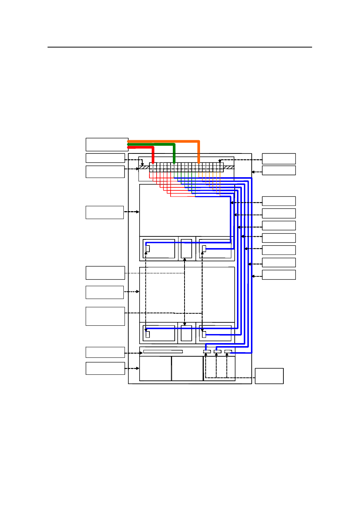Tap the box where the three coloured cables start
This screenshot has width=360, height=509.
point(107,144)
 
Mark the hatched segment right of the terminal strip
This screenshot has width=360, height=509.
point(229,167)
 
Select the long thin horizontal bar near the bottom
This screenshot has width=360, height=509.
point(163,351)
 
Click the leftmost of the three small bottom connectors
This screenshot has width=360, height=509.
point(207,351)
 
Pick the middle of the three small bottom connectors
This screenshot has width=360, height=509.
point(217,351)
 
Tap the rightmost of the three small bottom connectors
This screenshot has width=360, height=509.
point(228,351)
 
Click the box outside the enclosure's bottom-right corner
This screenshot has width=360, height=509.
point(269,376)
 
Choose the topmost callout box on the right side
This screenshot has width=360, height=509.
point(278,158)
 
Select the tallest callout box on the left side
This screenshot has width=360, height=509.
point(105,316)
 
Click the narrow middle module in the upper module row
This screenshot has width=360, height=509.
point(186,249)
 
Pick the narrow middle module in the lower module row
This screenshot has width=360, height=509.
point(186,333)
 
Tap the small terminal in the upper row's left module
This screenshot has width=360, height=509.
point(148,248)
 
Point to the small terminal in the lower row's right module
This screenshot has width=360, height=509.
point(204,334)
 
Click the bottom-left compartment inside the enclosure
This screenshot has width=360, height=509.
point(155,368)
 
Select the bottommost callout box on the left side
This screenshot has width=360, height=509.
point(105,368)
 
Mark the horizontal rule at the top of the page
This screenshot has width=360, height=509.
point(180,47)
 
